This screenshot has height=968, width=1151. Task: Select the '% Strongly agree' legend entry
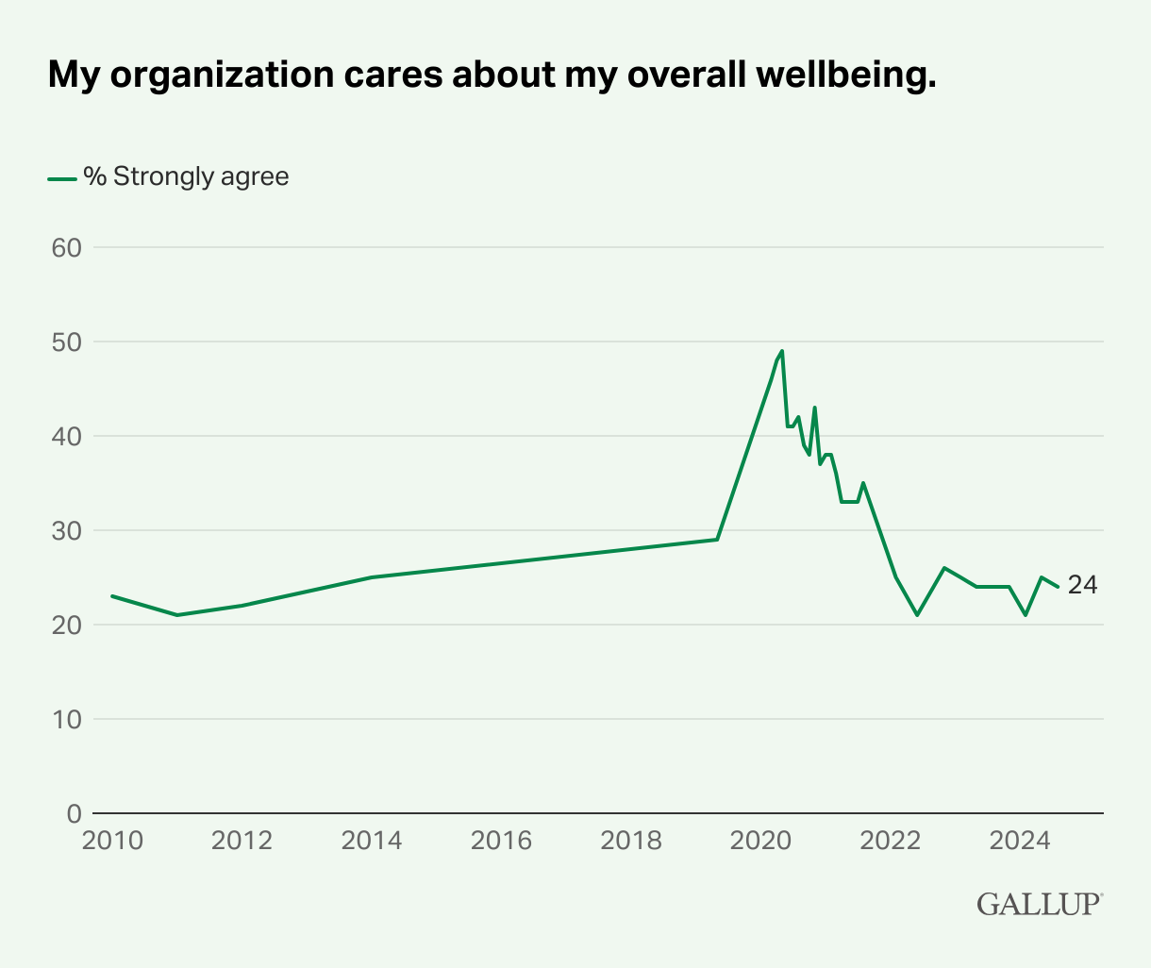[170, 176]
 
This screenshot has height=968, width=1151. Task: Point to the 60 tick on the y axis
[66, 247]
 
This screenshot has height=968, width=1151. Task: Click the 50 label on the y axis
[66, 342]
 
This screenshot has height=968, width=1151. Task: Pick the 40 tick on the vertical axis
[66, 436]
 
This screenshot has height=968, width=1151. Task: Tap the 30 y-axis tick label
[66, 530]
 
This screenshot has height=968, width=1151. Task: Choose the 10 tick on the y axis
[66, 719]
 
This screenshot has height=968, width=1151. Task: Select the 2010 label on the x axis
[112, 840]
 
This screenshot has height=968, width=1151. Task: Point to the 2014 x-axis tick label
[371, 840]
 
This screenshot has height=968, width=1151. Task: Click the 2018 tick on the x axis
[629, 840]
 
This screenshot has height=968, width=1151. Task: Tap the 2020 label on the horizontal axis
[759, 840]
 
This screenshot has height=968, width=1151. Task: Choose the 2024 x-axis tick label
[1018, 840]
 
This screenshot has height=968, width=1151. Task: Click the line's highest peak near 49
[782, 351]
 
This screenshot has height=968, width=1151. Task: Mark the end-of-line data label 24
[1082, 586]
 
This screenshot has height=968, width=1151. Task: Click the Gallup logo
[1039, 903]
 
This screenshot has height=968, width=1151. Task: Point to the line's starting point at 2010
[112, 596]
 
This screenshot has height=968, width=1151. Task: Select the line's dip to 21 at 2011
[176, 615]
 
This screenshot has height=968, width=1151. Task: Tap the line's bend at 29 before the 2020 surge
[717, 540]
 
